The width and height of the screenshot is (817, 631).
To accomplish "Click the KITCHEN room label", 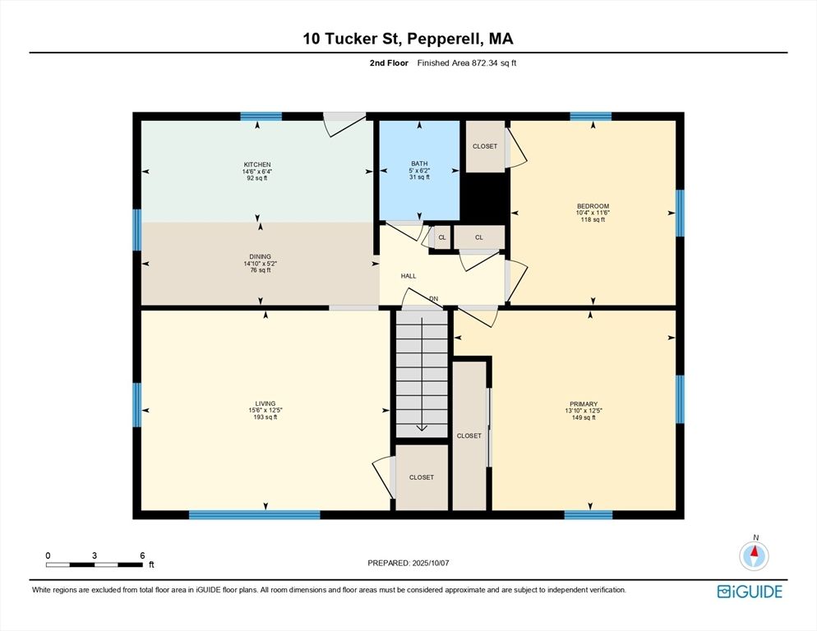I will click(256, 164).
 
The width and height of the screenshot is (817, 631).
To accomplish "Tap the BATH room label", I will click(419, 164).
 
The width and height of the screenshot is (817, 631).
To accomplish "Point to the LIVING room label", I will click(265, 403).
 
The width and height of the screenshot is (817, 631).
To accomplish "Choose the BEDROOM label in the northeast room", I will click(593, 206).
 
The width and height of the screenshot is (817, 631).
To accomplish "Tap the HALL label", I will click(408, 277).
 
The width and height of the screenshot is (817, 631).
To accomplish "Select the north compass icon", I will click(754, 556).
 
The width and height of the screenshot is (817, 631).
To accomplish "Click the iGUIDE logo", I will click(749, 592).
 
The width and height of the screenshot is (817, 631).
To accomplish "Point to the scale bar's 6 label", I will click(142, 555).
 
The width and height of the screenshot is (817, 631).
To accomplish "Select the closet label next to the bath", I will click(485, 146).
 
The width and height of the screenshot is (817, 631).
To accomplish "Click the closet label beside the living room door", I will click(421, 477).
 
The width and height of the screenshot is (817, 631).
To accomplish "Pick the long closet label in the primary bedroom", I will click(469, 436).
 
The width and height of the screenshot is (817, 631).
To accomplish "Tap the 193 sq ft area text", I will click(265, 417).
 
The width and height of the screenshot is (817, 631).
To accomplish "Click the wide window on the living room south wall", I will click(254, 515).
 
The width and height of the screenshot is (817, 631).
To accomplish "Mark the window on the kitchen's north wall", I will click(261, 117).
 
